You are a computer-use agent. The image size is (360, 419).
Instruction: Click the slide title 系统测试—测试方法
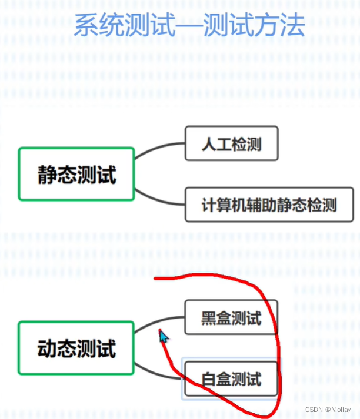[x=189, y=26]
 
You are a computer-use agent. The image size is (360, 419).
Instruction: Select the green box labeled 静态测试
[x=76, y=174]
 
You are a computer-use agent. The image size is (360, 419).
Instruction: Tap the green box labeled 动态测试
[x=76, y=348]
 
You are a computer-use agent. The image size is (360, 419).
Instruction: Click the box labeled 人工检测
[x=231, y=143]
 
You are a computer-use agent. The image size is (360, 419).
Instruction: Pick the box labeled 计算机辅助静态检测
[x=269, y=205]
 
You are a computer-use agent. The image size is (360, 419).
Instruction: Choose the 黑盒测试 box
[x=231, y=318]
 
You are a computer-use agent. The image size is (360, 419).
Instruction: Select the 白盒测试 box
[x=231, y=379]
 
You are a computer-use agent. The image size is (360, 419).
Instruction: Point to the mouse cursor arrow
[x=163, y=336]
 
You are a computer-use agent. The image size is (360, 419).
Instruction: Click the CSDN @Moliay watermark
[x=328, y=409]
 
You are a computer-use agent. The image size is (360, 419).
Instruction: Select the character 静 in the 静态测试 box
[x=47, y=175]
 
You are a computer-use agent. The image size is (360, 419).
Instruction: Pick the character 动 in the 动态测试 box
[x=47, y=348]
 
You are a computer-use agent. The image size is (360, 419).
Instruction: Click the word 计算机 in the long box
[x=221, y=205]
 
